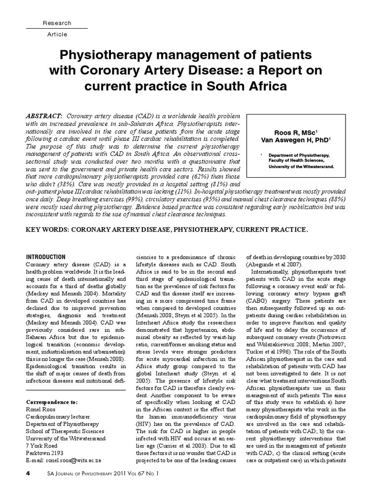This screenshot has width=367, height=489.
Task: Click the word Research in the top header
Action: click(57, 23)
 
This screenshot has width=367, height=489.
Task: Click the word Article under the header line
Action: click(57, 34)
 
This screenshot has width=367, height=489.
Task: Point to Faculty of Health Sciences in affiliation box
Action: click(295, 161)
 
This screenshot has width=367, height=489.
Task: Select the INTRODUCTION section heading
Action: click(45, 257)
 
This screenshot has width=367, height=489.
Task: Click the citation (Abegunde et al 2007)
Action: click(275, 265)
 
